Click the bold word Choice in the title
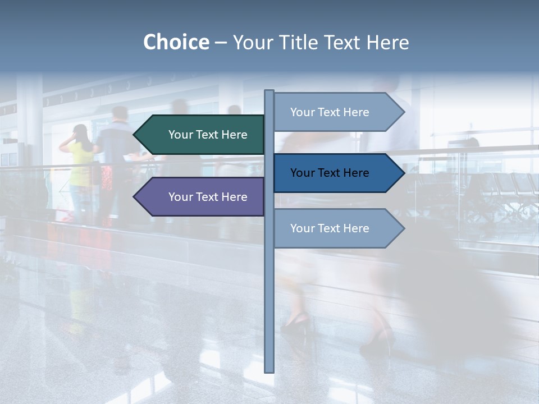(x=176, y=42)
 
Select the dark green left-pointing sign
(x=202, y=135)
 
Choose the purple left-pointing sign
(x=202, y=197)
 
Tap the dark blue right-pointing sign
(x=337, y=173)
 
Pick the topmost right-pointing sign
(x=337, y=112)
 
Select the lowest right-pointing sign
(x=337, y=228)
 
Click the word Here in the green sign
(x=234, y=135)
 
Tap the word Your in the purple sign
(x=180, y=197)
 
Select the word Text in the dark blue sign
(x=330, y=173)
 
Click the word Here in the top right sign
(x=355, y=112)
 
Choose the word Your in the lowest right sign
(x=302, y=228)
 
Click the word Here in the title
(x=388, y=42)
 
